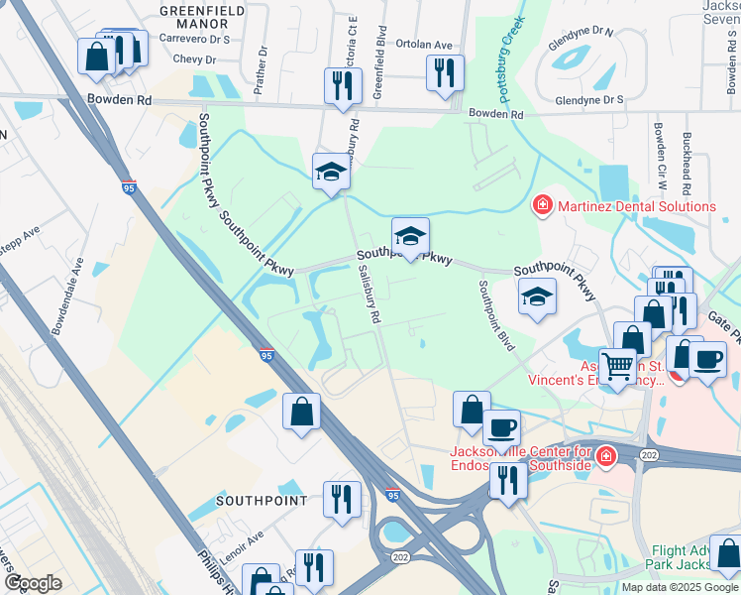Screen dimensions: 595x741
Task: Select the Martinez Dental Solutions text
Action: click(637, 206)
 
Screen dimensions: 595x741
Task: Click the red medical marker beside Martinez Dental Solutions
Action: click(543, 206)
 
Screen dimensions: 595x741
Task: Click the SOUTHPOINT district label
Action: click(262, 501)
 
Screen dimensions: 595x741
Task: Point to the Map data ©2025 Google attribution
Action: click(680, 587)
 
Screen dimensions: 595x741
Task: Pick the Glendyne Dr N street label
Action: click(581, 32)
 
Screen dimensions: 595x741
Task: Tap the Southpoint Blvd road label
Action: click(496, 315)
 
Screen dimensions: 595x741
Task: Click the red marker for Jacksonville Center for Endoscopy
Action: click(605, 457)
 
